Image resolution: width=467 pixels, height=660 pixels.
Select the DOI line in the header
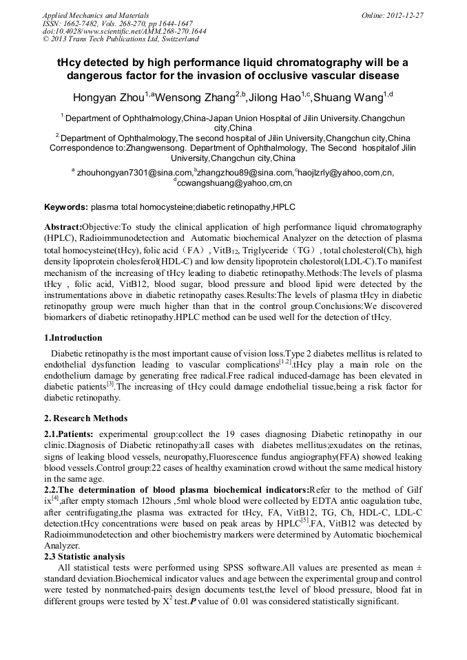click(x=124, y=31)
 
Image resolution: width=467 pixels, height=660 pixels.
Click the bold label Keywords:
click(x=65, y=206)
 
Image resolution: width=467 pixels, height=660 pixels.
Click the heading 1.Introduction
click(x=73, y=338)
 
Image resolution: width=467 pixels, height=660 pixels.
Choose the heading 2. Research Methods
click(x=85, y=418)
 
